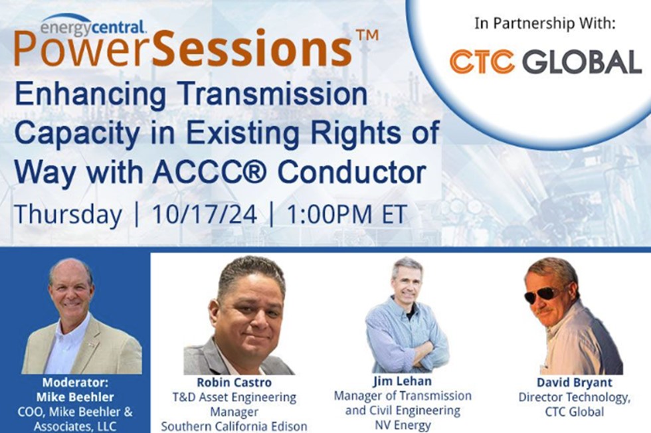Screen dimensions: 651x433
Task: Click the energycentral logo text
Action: pos(93,27)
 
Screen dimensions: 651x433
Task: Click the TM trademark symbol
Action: pos(367,35)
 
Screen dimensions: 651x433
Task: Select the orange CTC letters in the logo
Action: pos(482,62)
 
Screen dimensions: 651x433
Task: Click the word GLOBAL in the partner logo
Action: pos(582,62)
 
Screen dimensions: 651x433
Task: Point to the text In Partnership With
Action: pos(545,23)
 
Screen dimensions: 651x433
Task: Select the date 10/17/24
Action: pos(205,215)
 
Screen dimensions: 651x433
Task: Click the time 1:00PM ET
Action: pos(346,215)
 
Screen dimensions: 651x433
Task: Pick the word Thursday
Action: pos(68,215)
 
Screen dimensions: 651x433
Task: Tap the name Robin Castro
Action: pos(234,383)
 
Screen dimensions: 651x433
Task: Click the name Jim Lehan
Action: pos(403,381)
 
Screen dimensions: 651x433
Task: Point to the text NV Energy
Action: pos(403,425)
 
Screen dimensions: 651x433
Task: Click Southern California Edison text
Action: pos(234,426)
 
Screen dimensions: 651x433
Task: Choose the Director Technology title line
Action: pos(574,397)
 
